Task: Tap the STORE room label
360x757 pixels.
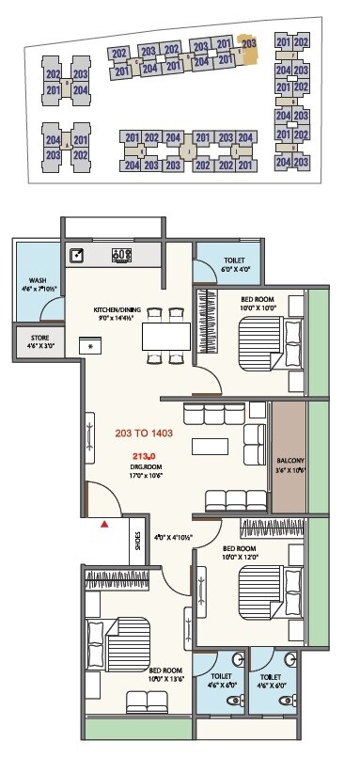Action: click(x=38, y=340)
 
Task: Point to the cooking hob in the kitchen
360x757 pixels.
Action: click(x=120, y=254)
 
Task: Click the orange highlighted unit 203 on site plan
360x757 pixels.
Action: click(x=248, y=44)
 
